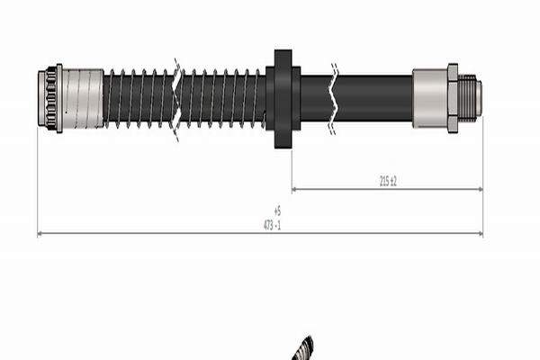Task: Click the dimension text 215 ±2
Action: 388,181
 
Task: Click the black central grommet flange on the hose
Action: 283,98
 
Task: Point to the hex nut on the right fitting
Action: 452,98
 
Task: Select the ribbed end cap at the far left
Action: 50,98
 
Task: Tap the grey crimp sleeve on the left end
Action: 83,98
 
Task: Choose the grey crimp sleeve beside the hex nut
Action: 429,98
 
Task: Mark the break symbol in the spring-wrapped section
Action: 177,98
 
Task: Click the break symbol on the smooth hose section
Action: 334,98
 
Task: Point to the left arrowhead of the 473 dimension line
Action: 40,234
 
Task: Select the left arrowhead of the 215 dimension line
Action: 295,189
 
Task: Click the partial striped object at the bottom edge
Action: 305,349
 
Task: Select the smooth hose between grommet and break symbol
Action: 316,98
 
